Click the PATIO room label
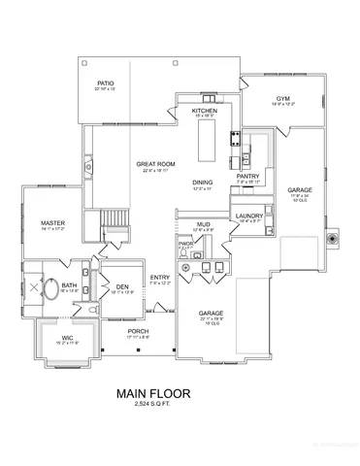pos(105,84)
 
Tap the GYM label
pos(282,98)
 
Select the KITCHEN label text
pos(205,112)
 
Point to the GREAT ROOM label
pos(154,164)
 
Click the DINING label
pos(202,183)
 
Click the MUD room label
pos(204,225)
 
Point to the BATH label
pos(70,285)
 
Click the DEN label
pos(122,286)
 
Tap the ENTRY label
pos(160,278)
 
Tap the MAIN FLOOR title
pos(152,393)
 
